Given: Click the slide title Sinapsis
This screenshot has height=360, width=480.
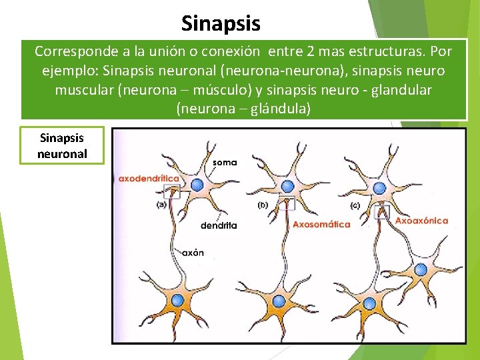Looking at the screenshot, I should (x=221, y=24).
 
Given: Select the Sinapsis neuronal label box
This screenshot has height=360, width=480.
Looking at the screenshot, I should (x=62, y=145).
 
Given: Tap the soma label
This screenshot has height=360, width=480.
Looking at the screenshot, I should (x=225, y=161).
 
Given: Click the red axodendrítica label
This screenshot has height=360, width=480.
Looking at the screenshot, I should (x=149, y=179).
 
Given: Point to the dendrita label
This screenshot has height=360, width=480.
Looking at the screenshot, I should (x=219, y=225).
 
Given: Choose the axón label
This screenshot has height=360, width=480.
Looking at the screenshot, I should (x=193, y=253).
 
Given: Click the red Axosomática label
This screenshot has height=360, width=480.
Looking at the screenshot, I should (x=321, y=225).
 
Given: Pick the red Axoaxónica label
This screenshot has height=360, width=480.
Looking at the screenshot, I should (x=422, y=221).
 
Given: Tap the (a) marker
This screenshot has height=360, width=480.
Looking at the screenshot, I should (x=161, y=205).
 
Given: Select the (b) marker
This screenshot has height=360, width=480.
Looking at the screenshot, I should (x=263, y=205).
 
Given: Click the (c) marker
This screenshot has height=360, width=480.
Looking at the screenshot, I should (x=355, y=205).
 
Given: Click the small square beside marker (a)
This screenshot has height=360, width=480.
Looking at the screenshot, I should (x=171, y=192).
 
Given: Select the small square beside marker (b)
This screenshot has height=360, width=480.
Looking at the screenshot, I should (x=288, y=203).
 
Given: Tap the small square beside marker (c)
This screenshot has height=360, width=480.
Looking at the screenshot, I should (x=382, y=212).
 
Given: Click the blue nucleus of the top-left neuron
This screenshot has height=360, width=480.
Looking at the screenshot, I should (x=197, y=185).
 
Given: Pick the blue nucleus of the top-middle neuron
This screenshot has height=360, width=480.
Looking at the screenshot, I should (x=287, y=186).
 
